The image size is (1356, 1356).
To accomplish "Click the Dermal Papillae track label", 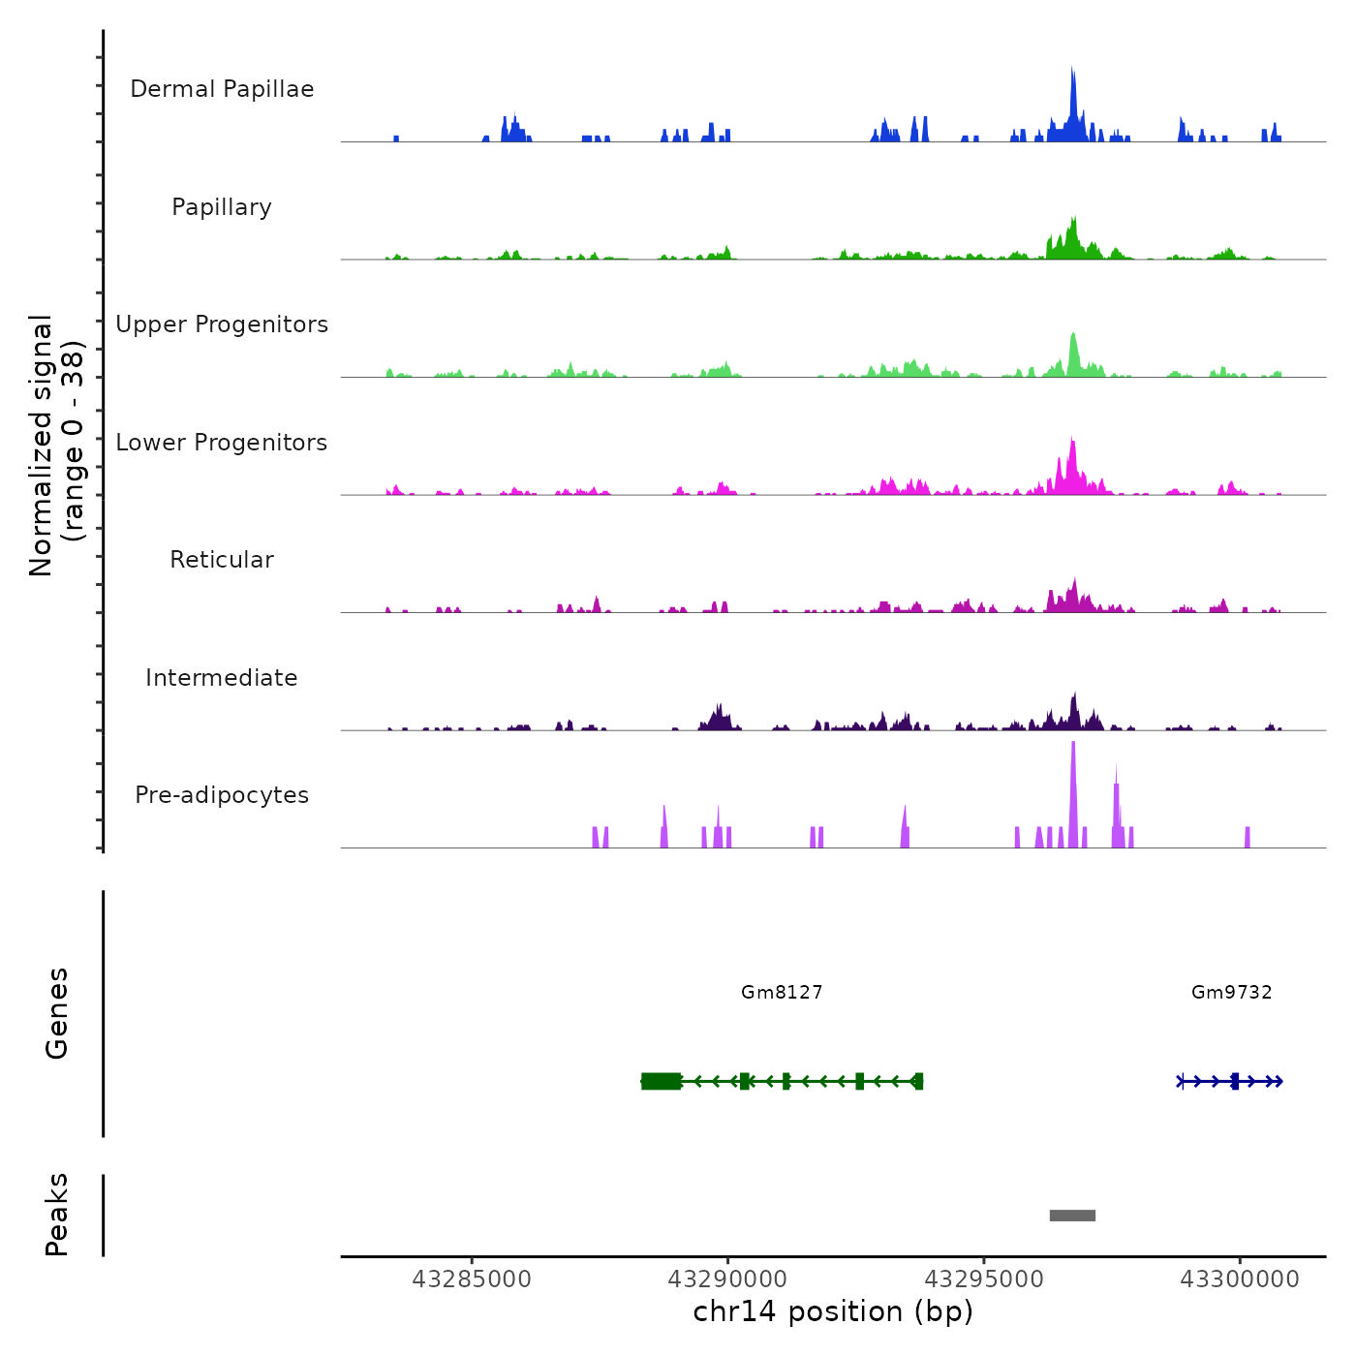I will pyautogui.click(x=222, y=89).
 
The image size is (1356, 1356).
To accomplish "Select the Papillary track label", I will pyautogui.click(x=222, y=207).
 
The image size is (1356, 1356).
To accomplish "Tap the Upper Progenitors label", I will pyautogui.click(x=222, y=324).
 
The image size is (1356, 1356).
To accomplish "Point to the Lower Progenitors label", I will pyautogui.click(x=222, y=443).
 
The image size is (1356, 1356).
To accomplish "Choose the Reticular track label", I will pyautogui.click(x=222, y=560).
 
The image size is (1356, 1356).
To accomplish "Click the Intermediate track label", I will pyautogui.click(x=222, y=678).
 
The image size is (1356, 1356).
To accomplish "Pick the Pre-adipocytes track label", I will pyautogui.click(x=222, y=795).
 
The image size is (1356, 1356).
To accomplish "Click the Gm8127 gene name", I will pyautogui.click(x=782, y=992).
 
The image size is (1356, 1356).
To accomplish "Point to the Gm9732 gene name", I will pyautogui.click(x=1232, y=992).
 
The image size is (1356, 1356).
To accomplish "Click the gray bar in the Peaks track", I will pyautogui.click(x=1072, y=1216).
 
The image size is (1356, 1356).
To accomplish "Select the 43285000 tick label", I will pyautogui.click(x=472, y=1279).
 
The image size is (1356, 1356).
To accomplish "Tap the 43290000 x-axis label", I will pyautogui.click(x=727, y=1279).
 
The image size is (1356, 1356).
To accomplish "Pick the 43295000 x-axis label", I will pyautogui.click(x=984, y=1279).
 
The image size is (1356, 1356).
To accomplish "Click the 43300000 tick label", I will pyautogui.click(x=1240, y=1279).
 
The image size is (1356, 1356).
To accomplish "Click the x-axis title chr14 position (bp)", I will pyautogui.click(x=833, y=1311).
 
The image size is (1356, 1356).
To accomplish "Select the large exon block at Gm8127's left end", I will pyautogui.click(x=662, y=1081).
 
